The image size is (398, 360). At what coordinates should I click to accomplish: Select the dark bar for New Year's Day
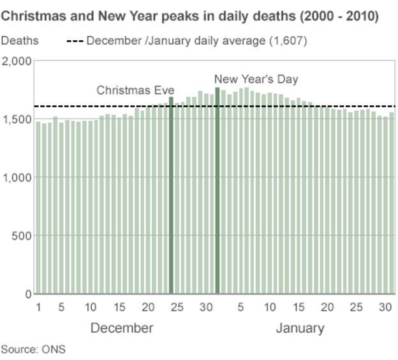[217, 191]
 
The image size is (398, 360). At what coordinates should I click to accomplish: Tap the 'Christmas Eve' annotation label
[135, 90]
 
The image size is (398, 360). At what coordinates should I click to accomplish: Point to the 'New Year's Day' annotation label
[256, 79]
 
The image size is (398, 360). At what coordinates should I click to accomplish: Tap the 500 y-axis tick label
[21, 236]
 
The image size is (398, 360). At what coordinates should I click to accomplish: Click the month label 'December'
[122, 328]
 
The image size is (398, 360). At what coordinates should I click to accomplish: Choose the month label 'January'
[300, 328]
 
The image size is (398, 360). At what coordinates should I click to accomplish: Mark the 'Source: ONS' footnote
[33, 349]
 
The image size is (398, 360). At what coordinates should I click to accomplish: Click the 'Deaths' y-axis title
[20, 41]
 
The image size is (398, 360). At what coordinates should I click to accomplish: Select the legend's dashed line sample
[75, 41]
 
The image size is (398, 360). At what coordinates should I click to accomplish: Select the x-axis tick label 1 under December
[38, 308]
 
